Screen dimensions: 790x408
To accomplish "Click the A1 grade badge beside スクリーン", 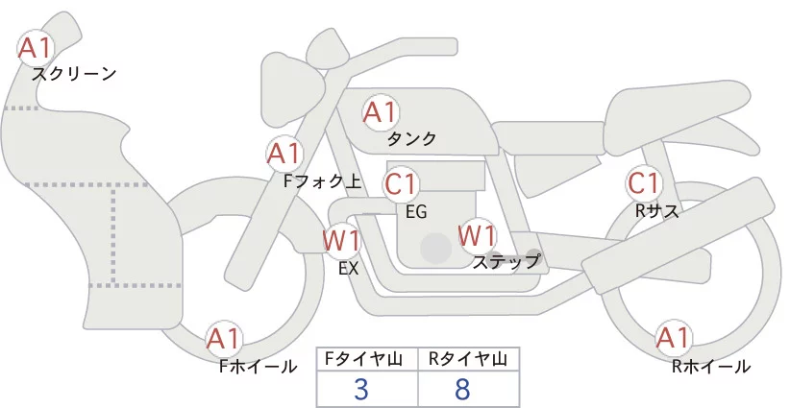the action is (x=36, y=48).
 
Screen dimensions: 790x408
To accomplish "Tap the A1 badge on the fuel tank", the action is (x=381, y=112).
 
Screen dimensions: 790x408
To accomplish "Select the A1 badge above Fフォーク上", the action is (x=284, y=154).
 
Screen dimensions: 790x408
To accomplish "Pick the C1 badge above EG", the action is (x=402, y=184).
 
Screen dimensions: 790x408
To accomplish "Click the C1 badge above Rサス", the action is (x=644, y=183).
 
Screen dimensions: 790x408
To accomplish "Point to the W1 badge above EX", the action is (x=342, y=241).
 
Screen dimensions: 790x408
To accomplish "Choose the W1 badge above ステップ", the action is (x=477, y=236).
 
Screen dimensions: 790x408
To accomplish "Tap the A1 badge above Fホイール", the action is (x=224, y=339).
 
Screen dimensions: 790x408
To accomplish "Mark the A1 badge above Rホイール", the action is (x=673, y=338).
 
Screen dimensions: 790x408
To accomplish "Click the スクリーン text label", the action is (x=74, y=75).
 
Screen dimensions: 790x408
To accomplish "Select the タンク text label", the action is (x=411, y=138).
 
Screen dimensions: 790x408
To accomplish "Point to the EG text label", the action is (x=416, y=212).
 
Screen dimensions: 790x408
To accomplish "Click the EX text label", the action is (x=349, y=269).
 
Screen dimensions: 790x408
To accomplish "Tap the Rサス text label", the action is (x=657, y=211).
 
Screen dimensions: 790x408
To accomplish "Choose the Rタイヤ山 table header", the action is (x=468, y=359).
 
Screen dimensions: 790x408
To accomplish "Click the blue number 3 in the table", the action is (x=361, y=389).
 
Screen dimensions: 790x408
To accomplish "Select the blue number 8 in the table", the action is (x=462, y=389).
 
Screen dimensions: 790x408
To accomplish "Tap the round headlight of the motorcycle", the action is (x=285, y=91).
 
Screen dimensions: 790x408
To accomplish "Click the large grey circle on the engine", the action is (x=435, y=248).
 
